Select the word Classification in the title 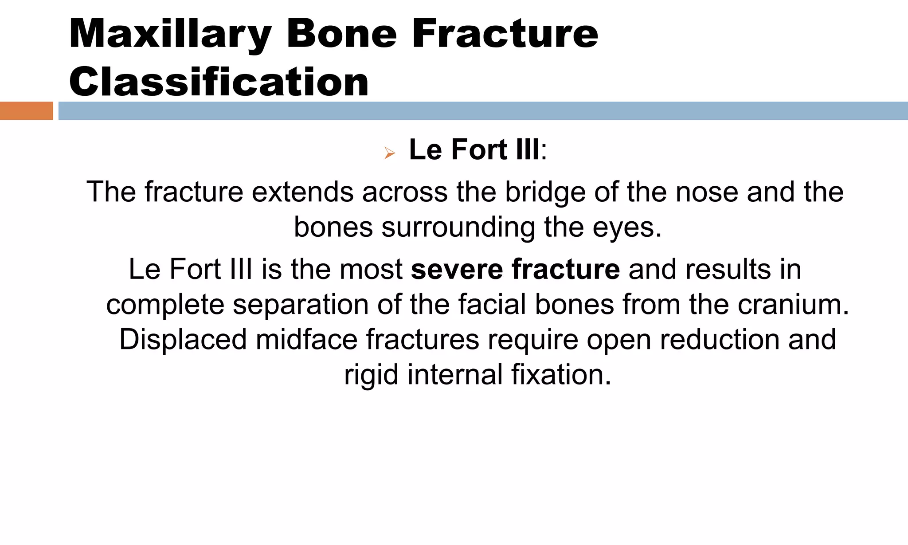tap(219, 82)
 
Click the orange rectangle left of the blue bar tap(26, 111)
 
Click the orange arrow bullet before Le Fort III tap(389, 153)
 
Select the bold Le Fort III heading tap(474, 149)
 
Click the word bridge tap(545, 192)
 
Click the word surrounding tap(458, 227)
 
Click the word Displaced tap(183, 340)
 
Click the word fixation tap(560, 375)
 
